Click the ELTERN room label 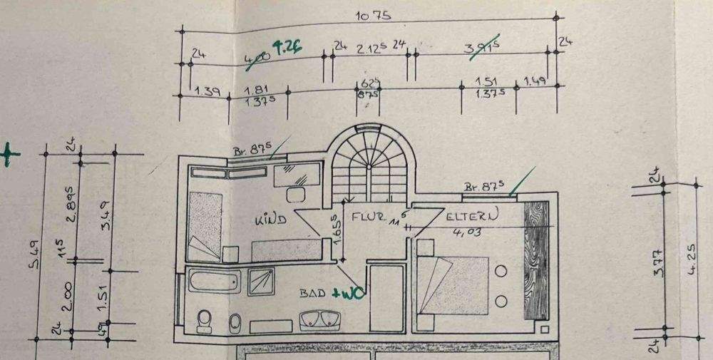(471, 214)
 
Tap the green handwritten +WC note (353, 293)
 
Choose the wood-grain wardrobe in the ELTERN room (536, 260)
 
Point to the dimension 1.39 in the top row (206, 91)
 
